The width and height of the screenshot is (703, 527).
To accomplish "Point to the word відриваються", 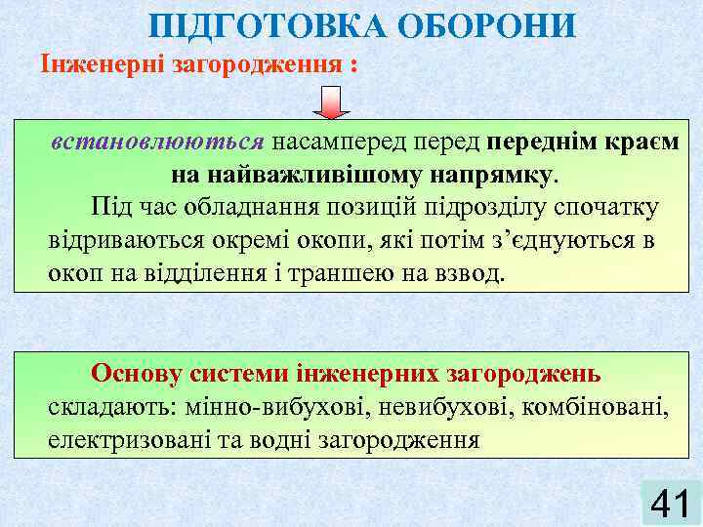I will [115, 240].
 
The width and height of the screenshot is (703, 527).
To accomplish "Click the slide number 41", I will [670, 503].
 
